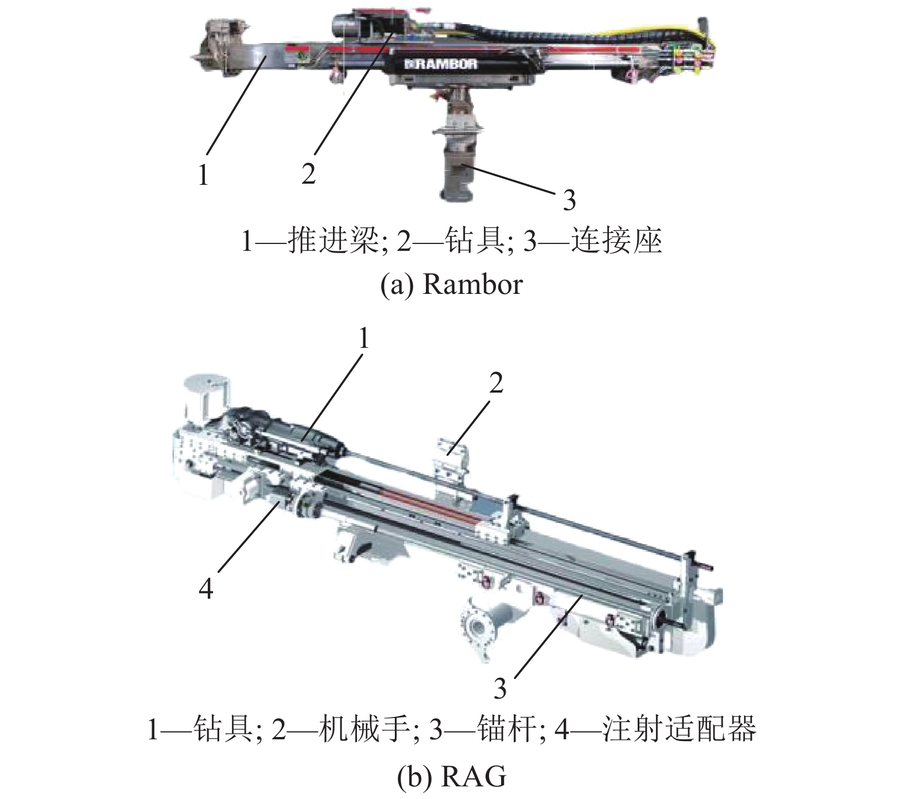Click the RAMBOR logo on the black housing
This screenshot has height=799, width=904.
click(x=440, y=64)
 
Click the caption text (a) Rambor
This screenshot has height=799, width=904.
click(x=452, y=284)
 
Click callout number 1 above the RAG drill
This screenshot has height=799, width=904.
click(x=363, y=340)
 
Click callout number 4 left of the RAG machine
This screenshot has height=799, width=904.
click(x=205, y=589)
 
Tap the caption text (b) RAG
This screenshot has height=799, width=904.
click(x=452, y=778)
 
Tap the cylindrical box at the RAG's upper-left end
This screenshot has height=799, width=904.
click(x=206, y=397)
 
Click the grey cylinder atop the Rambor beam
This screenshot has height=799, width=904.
click(x=344, y=26)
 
